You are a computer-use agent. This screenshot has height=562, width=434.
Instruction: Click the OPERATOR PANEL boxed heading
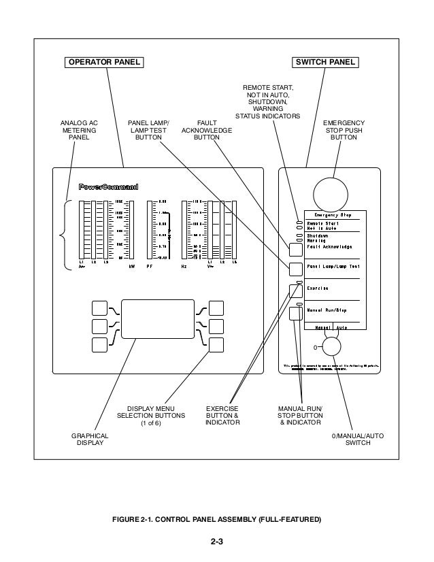pyautogui.click(x=103, y=62)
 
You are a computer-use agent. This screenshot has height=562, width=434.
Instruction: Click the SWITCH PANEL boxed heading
pyautogui.click(x=326, y=62)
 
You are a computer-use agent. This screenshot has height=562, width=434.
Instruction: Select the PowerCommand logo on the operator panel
pyautogui.click(x=109, y=186)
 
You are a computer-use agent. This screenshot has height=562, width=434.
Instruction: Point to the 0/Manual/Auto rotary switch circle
pyautogui.click(x=331, y=347)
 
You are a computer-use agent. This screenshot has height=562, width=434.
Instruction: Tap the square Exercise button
pyautogui.click(x=296, y=291)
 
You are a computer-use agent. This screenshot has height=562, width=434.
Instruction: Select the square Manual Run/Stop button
pyautogui.click(x=296, y=313)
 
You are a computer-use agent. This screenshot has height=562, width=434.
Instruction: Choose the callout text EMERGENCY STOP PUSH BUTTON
pyautogui.click(x=344, y=130)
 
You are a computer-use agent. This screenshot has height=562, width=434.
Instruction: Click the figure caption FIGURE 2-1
pyautogui.click(x=216, y=519)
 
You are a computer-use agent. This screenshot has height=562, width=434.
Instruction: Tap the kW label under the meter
pyautogui.click(x=131, y=267)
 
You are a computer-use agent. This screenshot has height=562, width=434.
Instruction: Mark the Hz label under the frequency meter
pyautogui.click(x=184, y=267)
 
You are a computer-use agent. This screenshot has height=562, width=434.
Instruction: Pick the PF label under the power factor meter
pyautogui.click(x=150, y=267)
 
